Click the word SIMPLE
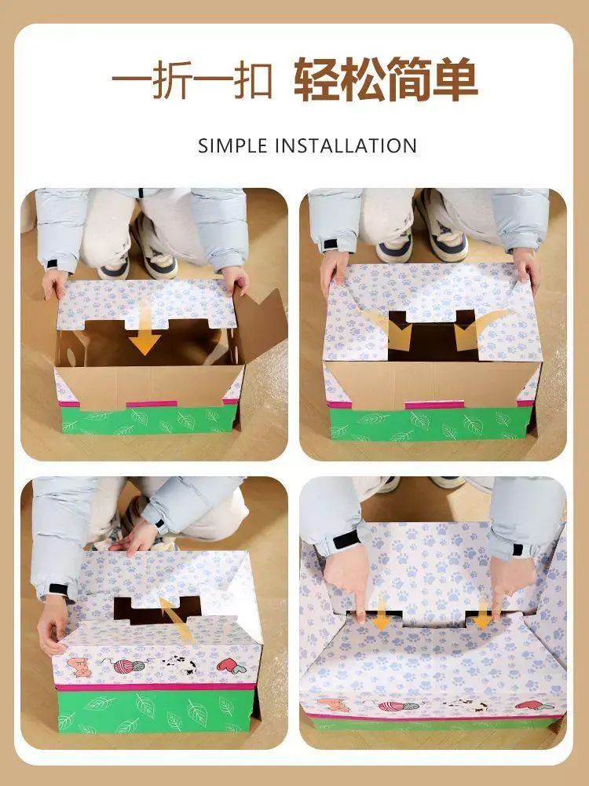tap(233, 146)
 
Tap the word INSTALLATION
tap(346, 146)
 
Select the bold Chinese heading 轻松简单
tap(386, 79)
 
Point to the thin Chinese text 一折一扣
tap(192, 79)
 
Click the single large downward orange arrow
tap(145, 329)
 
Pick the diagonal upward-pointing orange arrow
tap(176, 619)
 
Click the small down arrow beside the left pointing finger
tap(382, 615)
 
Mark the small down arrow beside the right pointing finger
tap(482, 615)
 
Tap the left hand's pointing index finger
tap(359, 601)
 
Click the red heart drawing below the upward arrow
tap(231, 666)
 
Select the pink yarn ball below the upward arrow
tap(123, 666)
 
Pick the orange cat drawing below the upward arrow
tap(79, 667)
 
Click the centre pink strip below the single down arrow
tap(152, 403)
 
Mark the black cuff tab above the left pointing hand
tap(346, 540)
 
